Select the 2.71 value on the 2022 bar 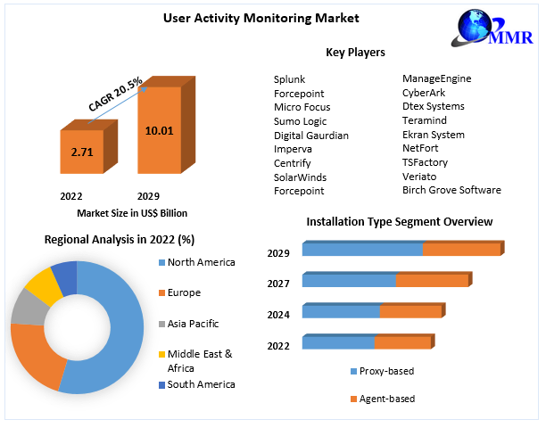[82, 152]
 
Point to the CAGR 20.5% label [116, 95]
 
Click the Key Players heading [355, 53]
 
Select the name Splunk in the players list [290, 78]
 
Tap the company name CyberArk [424, 93]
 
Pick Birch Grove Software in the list [451, 190]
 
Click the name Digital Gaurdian [311, 135]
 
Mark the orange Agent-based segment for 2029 [460, 250]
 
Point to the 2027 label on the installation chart [279, 284]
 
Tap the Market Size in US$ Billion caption [133, 212]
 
